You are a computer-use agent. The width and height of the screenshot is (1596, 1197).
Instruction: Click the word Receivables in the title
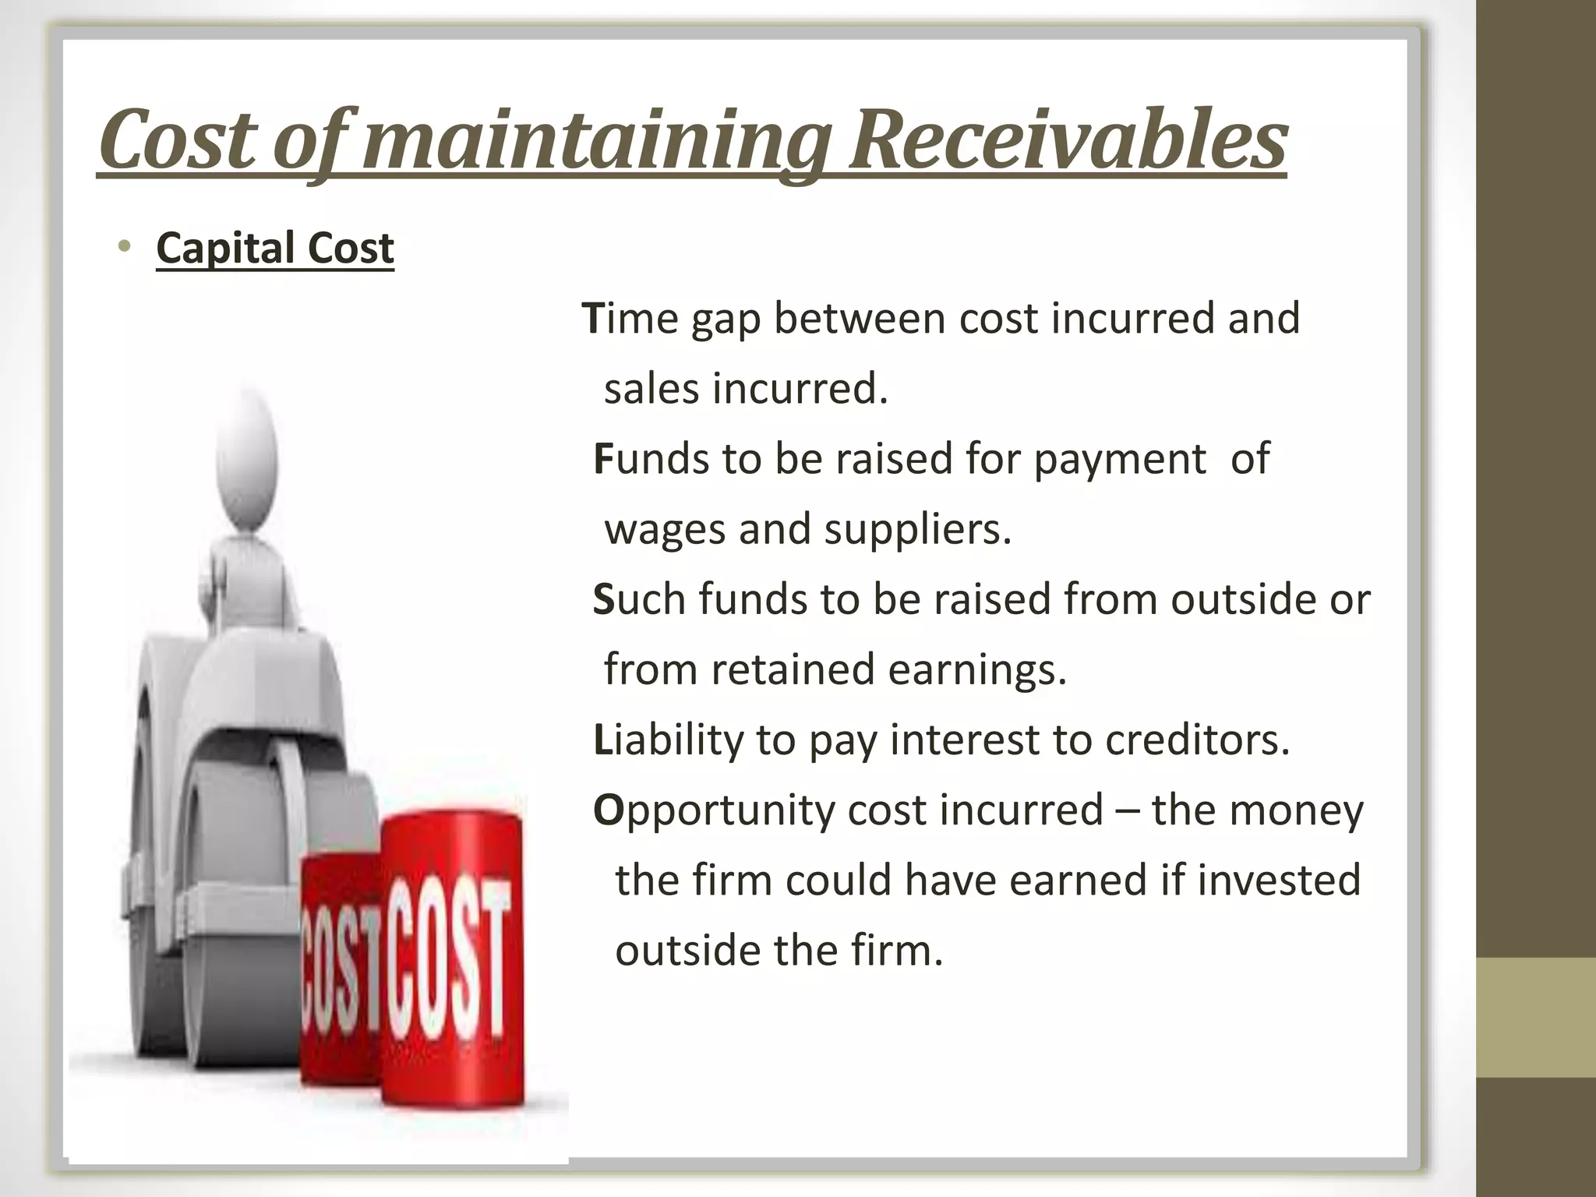1067,140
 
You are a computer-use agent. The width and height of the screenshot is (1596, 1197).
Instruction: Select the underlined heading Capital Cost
275,248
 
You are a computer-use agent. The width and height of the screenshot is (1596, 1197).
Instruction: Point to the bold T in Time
592,319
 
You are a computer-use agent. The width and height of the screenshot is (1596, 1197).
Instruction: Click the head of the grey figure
248,452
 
